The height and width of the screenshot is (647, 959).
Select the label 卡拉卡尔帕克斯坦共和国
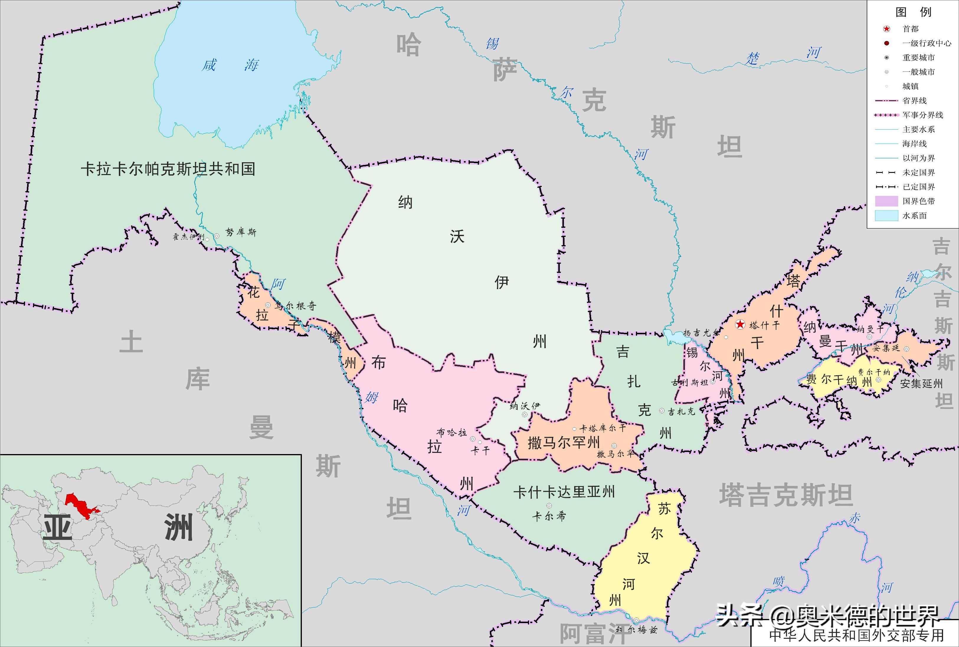click(x=168, y=169)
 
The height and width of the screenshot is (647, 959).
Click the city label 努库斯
click(x=241, y=232)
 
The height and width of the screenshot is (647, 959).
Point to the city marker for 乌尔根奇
click(x=268, y=305)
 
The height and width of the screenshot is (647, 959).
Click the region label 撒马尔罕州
click(x=563, y=443)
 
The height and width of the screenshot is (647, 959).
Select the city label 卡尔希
click(x=549, y=516)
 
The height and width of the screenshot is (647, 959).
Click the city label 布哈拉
click(x=451, y=432)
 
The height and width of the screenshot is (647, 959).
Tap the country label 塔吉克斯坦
click(x=786, y=495)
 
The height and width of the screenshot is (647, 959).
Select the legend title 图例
click(x=914, y=12)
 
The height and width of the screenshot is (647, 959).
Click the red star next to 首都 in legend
click(x=886, y=29)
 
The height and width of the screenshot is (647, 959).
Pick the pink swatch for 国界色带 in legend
click(x=886, y=201)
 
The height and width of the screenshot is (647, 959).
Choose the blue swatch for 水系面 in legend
click(x=886, y=215)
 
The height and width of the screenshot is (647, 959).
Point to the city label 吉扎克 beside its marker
click(x=682, y=411)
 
